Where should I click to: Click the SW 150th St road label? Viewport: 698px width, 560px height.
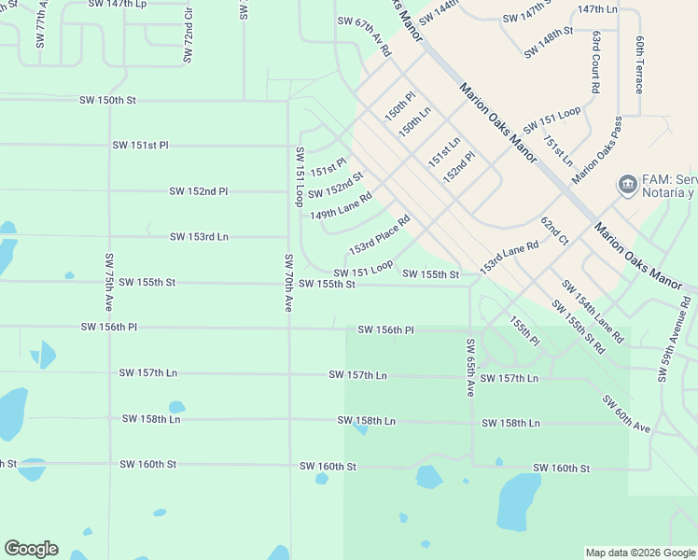(108, 100)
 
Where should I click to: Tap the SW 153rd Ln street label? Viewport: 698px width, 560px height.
(199, 237)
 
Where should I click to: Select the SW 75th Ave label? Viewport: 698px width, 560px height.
(109, 282)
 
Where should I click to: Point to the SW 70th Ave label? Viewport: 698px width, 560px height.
(289, 282)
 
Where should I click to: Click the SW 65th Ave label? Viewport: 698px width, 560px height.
(471, 368)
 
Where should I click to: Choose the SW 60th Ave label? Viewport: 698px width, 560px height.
(625, 413)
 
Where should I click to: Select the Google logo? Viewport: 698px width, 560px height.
(31, 549)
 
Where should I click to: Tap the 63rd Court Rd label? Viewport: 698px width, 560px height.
(595, 62)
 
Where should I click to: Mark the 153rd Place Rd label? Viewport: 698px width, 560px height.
(379, 235)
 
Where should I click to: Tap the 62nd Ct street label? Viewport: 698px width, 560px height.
(554, 231)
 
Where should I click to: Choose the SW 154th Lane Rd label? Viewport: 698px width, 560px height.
(593, 310)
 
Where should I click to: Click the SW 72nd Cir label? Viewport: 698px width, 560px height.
(188, 35)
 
